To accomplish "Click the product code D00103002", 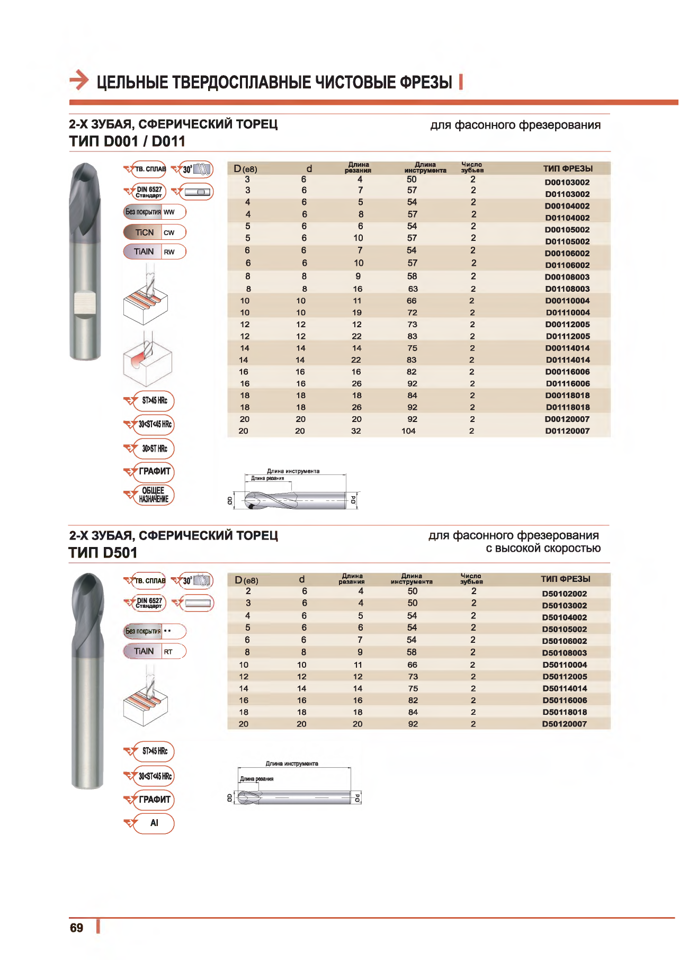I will tap(567, 182).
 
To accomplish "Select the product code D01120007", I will tap(567, 431).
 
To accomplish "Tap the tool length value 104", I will tap(408, 431).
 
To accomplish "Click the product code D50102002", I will tap(564, 594).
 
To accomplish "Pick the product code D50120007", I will tap(564, 724).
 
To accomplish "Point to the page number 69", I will tap(77, 928).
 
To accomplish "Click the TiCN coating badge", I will tap(154, 232).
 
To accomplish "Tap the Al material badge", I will tap(154, 823).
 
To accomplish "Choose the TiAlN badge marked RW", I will tap(154, 252).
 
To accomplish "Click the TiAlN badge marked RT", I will tap(154, 651).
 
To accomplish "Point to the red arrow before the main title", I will tap(79, 80).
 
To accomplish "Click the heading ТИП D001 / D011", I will tap(127, 141).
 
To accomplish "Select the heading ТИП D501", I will tap(103, 553).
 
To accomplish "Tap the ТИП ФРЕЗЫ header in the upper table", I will tap(567, 168).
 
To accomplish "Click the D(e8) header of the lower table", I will tap(246, 580).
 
